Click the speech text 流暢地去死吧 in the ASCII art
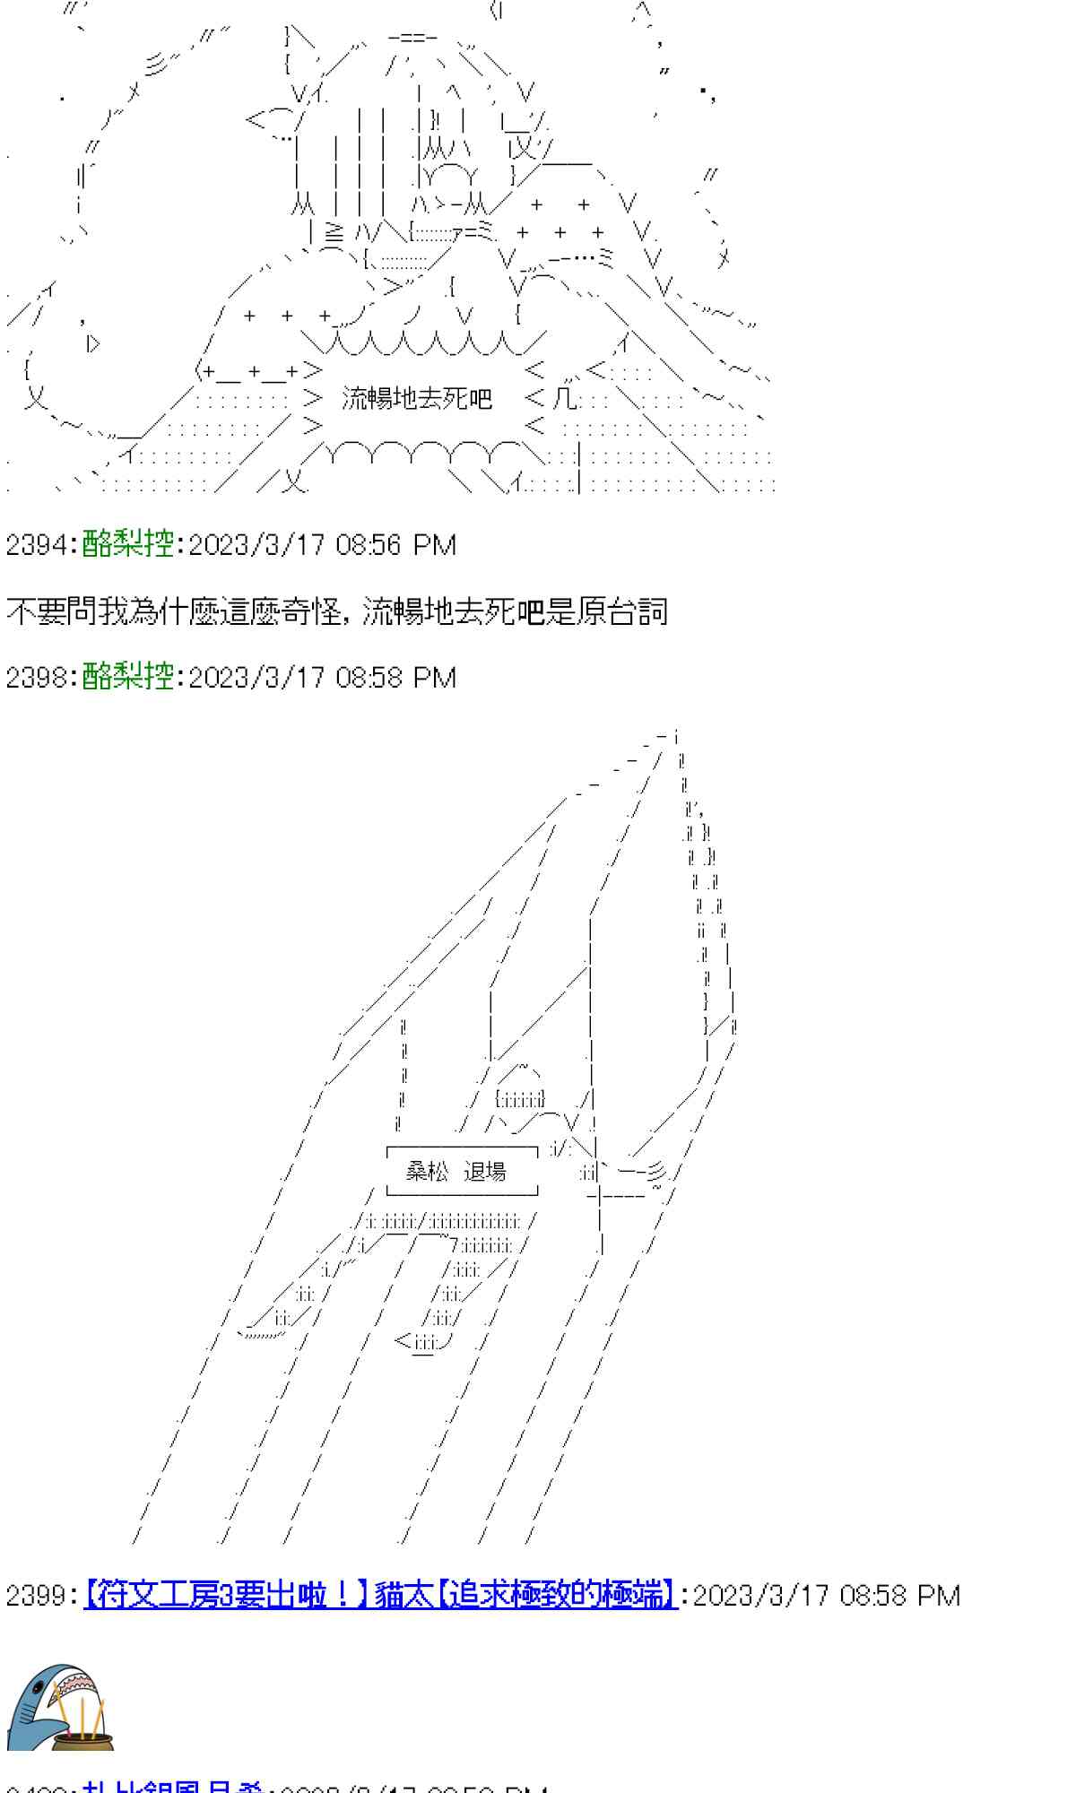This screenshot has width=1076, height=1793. point(417,398)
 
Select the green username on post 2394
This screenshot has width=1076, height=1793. point(127,544)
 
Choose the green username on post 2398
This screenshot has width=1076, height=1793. point(127,676)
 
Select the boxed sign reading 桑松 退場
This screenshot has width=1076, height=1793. point(462,1171)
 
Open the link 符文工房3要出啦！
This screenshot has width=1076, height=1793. point(226,1596)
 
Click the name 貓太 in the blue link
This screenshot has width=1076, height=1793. point(403,1596)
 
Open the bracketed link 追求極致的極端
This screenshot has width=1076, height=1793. point(556,1596)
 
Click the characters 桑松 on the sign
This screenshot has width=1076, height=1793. point(427,1171)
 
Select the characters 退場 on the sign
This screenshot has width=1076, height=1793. point(485,1171)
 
